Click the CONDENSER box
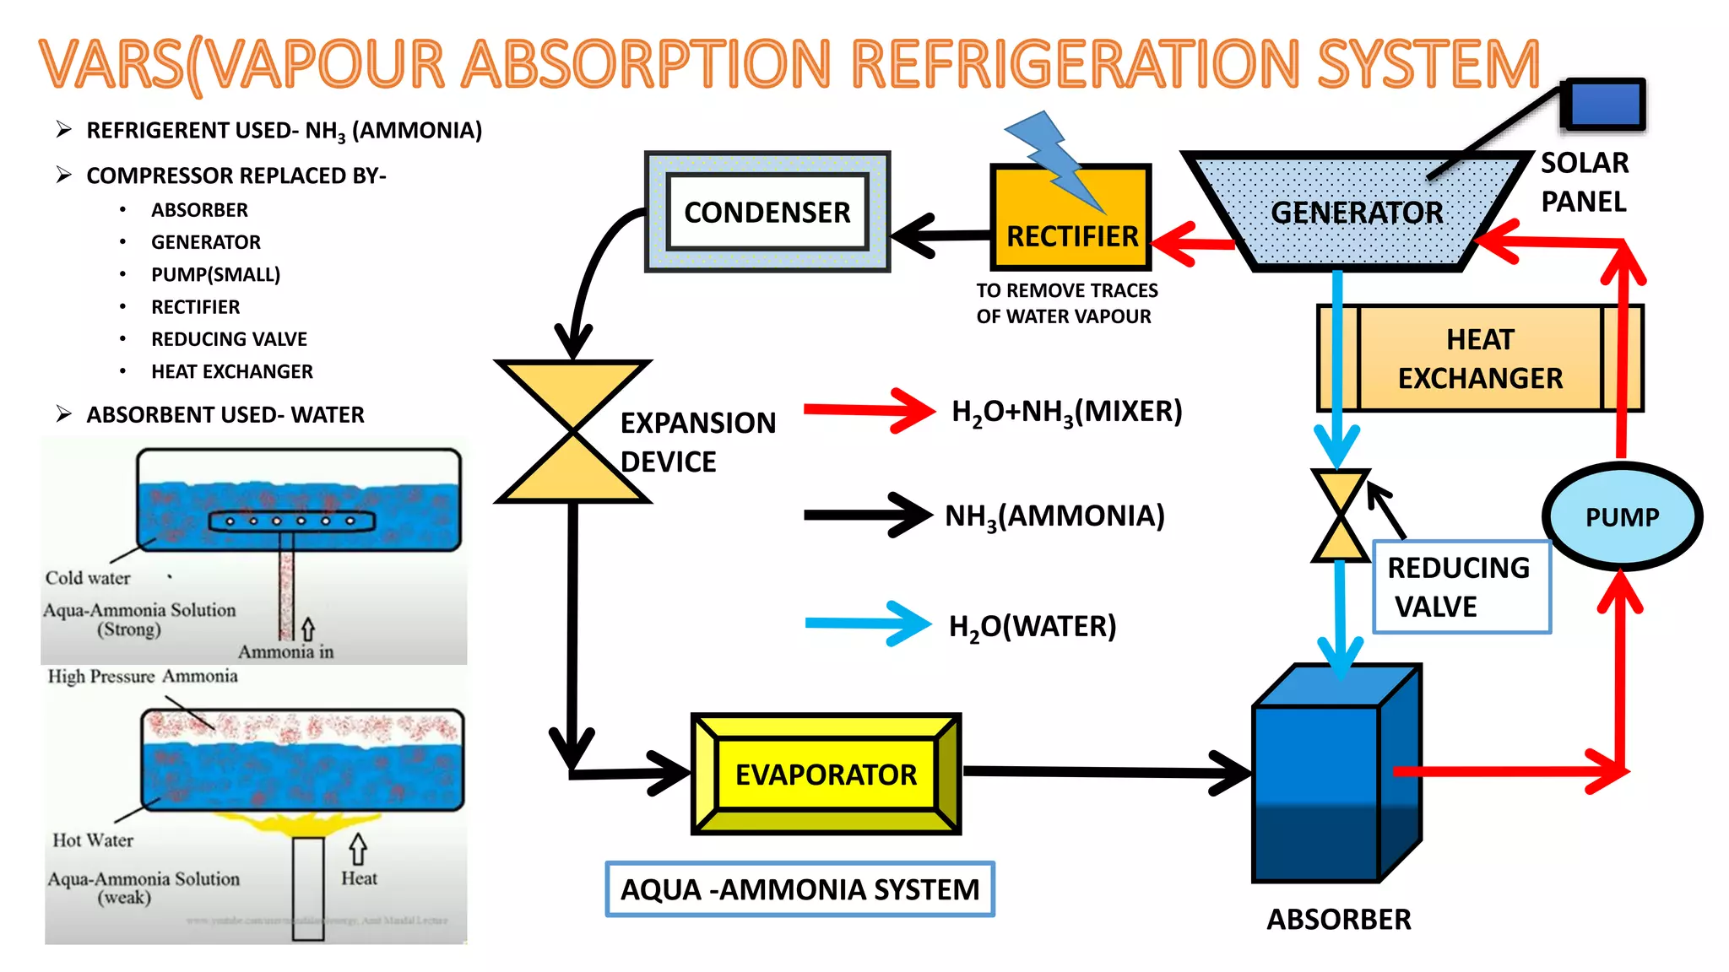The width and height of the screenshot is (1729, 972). pos(767,212)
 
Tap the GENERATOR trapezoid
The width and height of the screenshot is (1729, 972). pos(1356,213)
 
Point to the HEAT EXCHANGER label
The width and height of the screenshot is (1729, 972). pos(1479,359)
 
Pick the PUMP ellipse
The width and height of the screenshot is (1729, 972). pos(1622,516)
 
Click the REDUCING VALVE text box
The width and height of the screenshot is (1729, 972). pos(1461,586)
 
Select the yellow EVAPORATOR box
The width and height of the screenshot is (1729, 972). pos(826,774)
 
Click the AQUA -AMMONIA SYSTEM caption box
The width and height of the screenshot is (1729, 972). pos(799,889)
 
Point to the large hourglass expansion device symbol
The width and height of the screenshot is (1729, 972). pos(573,431)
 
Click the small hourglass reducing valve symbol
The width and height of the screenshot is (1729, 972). pos(1340,516)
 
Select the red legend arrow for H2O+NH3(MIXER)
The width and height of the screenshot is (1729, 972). pos(870,411)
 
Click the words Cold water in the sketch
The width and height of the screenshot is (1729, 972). pos(88,578)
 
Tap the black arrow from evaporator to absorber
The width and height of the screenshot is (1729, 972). pos(1106,772)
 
